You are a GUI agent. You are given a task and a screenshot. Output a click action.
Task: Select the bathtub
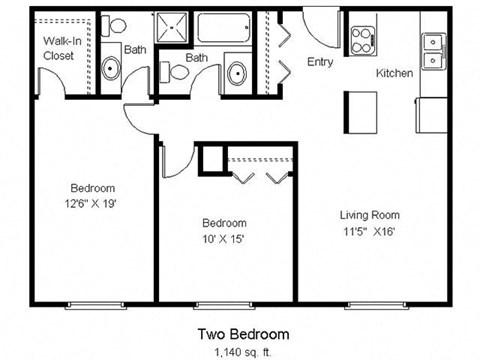click(225, 28)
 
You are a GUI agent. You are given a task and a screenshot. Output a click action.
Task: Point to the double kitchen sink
click(434, 51)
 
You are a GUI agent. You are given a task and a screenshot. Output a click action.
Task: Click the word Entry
click(320, 62)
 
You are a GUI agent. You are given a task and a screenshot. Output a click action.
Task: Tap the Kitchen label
click(394, 74)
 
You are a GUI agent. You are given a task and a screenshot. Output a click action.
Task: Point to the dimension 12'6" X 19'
click(92, 204)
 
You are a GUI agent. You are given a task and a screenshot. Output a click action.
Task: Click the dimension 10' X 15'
click(224, 239)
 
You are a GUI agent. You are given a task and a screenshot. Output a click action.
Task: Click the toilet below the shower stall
click(176, 71)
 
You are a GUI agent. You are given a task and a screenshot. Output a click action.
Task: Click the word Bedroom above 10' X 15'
click(224, 222)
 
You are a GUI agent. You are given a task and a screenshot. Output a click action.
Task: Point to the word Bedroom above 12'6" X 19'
click(92, 188)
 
